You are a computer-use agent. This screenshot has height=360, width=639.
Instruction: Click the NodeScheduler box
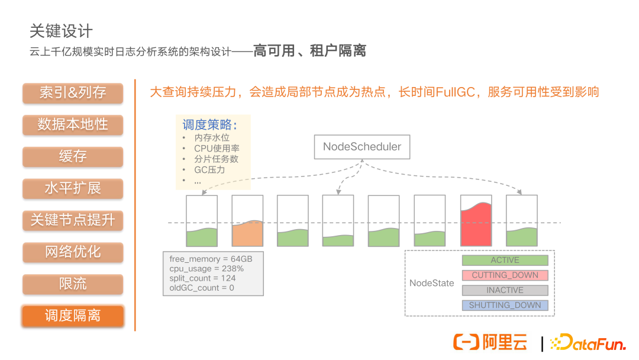[x=362, y=147]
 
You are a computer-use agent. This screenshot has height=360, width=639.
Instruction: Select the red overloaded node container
[x=476, y=221]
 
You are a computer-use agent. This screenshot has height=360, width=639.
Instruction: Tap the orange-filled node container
[x=247, y=221]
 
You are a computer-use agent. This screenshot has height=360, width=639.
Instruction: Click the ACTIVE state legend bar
[x=505, y=260]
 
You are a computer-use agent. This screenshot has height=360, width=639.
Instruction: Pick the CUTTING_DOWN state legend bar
[x=505, y=275]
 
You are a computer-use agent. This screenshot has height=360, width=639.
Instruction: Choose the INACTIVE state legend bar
[x=505, y=290]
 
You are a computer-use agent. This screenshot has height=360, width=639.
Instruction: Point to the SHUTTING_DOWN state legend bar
[x=505, y=306]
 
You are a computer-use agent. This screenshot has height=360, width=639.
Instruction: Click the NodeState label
[x=431, y=283]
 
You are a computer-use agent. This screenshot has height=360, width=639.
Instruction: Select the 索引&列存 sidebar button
[x=73, y=93]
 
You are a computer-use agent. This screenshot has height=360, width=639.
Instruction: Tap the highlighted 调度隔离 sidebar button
[x=73, y=316]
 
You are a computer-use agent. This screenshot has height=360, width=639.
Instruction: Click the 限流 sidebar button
[x=73, y=284]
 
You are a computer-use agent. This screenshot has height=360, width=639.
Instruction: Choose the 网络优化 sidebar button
[x=73, y=252]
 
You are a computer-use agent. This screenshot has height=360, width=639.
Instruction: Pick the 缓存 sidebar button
[x=73, y=157]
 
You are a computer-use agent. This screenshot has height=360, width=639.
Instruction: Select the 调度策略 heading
[x=209, y=125]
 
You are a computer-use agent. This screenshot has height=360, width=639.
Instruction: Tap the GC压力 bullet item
[x=209, y=170]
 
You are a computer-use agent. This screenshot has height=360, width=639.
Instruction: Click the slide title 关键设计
[x=61, y=31]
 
